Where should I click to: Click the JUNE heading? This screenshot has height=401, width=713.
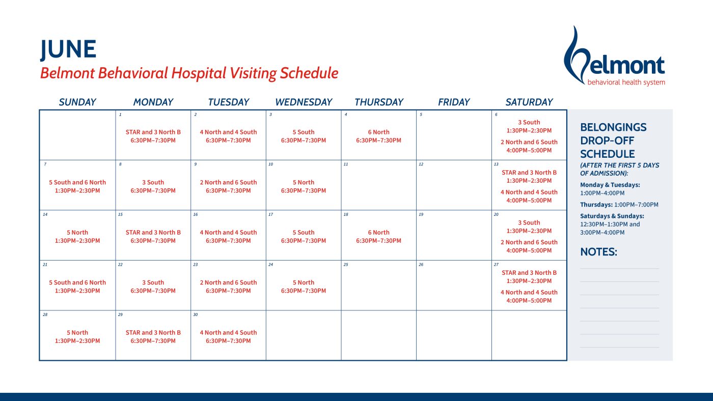click(x=68, y=49)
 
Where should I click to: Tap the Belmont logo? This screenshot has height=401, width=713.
click(x=614, y=57)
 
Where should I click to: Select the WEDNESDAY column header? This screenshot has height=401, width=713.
click(x=304, y=102)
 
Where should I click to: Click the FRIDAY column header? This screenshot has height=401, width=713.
click(x=453, y=102)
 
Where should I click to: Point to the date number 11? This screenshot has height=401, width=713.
click(x=346, y=164)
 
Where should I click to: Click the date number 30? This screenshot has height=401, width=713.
click(x=196, y=314)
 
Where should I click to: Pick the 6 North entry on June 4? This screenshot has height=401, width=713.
click(x=378, y=132)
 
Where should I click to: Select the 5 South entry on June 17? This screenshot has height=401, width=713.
click(x=304, y=233)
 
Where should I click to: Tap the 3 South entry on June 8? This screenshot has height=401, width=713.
click(x=153, y=182)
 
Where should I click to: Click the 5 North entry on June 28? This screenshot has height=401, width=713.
click(x=77, y=333)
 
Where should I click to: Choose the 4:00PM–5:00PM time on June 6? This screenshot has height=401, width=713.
click(x=529, y=151)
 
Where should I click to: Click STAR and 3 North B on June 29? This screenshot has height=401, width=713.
click(x=153, y=333)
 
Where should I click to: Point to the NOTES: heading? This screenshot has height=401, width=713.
click(x=598, y=252)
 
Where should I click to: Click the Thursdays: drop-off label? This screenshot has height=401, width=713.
click(x=596, y=205)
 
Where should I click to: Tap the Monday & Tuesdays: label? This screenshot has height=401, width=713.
click(x=610, y=185)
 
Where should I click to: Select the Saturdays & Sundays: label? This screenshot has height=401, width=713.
click(x=612, y=216)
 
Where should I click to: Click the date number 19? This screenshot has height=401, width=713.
click(x=421, y=215)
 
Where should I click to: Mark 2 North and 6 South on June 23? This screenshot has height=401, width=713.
click(x=228, y=282)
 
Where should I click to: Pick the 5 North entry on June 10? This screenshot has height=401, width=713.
click(x=304, y=182)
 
